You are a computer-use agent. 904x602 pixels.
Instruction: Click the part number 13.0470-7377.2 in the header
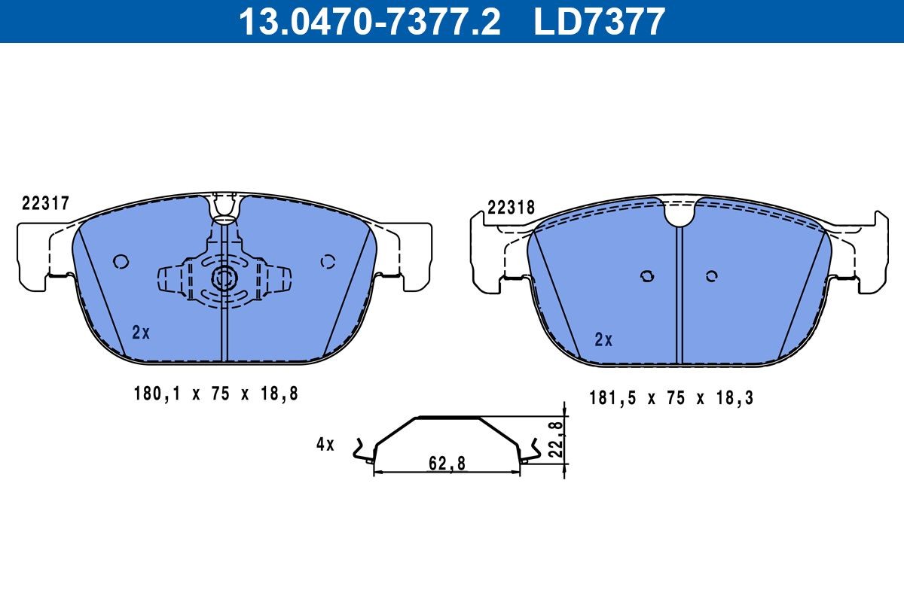click(x=369, y=21)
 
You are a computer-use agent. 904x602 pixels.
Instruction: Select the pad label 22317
click(x=46, y=202)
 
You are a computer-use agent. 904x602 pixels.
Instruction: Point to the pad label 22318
click(x=511, y=208)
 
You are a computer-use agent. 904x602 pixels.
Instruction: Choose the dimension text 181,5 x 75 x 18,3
click(x=670, y=398)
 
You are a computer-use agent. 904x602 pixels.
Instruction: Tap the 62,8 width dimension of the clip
click(x=447, y=464)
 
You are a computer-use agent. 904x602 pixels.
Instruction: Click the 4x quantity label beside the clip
click(x=325, y=444)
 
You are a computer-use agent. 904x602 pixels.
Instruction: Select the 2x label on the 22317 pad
click(x=141, y=332)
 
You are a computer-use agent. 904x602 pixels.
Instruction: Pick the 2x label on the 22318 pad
click(x=603, y=339)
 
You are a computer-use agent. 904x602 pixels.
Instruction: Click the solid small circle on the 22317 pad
click(x=121, y=261)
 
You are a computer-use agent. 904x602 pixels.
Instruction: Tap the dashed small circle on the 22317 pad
click(x=328, y=261)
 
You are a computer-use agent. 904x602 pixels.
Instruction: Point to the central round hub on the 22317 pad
click(x=224, y=278)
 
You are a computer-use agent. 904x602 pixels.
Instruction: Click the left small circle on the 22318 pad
click(x=646, y=276)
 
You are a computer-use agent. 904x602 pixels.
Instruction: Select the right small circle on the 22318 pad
click(x=711, y=276)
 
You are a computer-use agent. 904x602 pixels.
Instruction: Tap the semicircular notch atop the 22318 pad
click(x=679, y=214)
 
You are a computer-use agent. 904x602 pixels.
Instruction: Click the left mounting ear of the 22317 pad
click(x=34, y=256)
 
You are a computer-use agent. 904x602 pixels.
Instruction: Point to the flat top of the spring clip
click(x=447, y=417)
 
